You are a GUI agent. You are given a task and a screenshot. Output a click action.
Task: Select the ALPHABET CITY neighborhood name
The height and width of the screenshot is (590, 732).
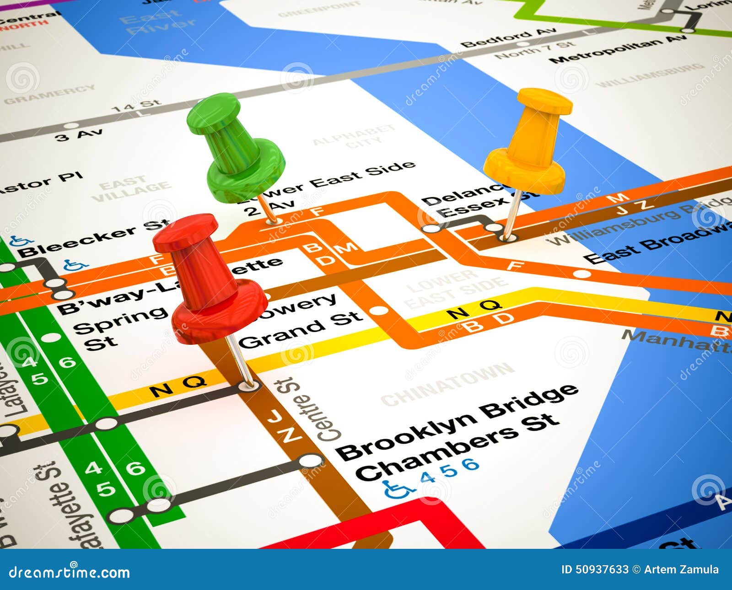355,137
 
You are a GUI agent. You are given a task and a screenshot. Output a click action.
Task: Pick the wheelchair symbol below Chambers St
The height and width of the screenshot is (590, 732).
396,489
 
